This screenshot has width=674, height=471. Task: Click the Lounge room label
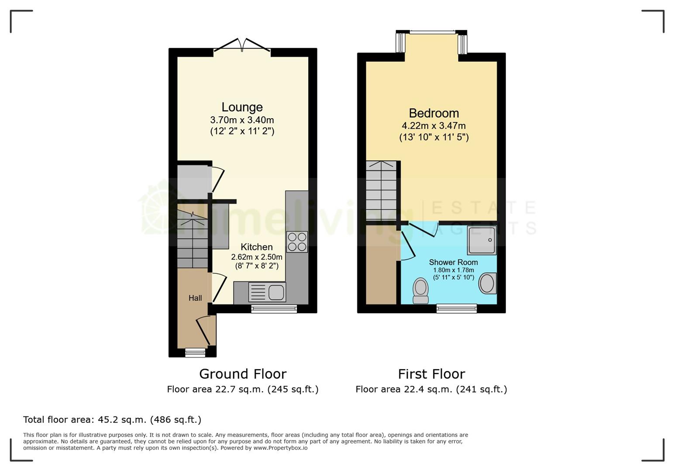coord(242,107)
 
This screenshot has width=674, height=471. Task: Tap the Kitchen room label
coord(257,247)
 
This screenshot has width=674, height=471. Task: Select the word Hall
coord(195,298)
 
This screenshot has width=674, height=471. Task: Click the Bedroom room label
coord(433,113)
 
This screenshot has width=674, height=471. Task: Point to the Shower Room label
coord(453,263)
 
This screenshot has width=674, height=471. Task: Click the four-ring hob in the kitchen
coord(297,242)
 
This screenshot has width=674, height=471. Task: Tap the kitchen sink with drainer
coord(267,292)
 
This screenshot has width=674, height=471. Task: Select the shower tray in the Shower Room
coord(482,240)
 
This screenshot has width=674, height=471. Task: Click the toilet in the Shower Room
coord(421,290)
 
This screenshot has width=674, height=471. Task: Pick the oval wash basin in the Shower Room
coord(487,283)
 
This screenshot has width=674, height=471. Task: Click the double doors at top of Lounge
coord(242,45)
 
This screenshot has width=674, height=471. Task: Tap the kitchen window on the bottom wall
coord(274,309)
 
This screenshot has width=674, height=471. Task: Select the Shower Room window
coord(457,309)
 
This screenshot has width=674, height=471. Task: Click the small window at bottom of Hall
coord(195,352)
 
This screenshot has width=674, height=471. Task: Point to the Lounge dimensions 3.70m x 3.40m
coord(242,120)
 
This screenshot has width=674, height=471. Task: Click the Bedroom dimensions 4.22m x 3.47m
coord(433,126)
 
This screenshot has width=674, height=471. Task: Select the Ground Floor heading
coord(243,374)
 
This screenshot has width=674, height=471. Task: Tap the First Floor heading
coord(431,374)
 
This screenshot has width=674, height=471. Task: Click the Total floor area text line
coord(112,420)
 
